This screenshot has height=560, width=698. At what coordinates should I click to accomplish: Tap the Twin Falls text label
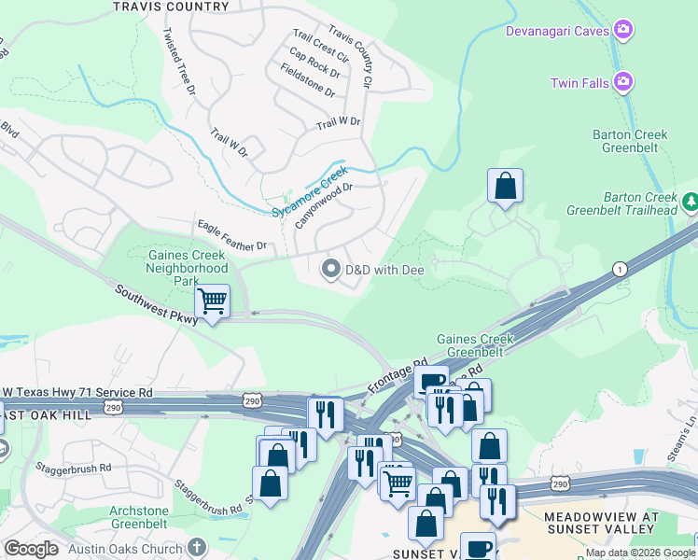pyautogui.click(x=579, y=83)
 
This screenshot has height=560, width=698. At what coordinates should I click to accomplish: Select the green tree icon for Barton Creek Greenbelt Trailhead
pyautogui.click(x=691, y=202)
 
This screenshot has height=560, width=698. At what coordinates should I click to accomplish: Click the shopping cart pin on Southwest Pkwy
pyautogui.click(x=213, y=301)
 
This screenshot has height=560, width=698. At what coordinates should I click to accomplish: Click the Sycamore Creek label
pyautogui.click(x=310, y=192)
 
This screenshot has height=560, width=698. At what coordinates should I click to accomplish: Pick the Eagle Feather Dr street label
pyautogui.click(x=232, y=234)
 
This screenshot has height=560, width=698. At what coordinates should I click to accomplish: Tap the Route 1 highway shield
pyautogui.click(x=619, y=269)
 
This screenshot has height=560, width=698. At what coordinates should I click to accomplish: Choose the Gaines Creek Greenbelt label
pyautogui.click(x=475, y=345)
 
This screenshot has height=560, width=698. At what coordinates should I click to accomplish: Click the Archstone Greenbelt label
pyautogui.click(x=152, y=517)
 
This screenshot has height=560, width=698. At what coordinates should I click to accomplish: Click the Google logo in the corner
pyautogui.click(x=31, y=549)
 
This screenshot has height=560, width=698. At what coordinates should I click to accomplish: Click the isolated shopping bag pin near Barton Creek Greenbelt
pyautogui.click(x=505, y=185)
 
